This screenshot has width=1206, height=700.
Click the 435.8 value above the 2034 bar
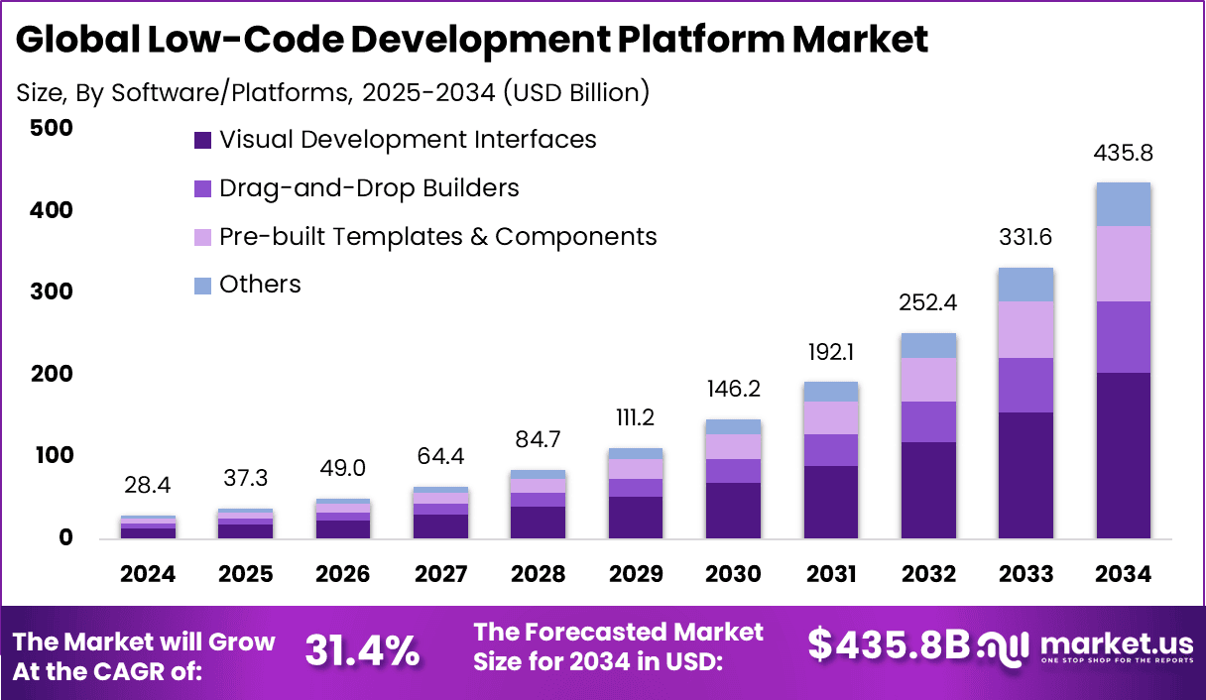pyautogui.click(x=1123, y=154)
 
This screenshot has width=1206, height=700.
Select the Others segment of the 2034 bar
pyautogui.click(x=1123, y=204)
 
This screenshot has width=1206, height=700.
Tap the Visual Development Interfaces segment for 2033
pyautogui.click(x=1025, y=475)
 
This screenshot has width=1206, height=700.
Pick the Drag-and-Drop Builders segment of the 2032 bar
pyautogui.click(x=928, y=421)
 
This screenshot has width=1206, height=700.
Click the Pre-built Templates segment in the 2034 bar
pyautogui.click(x=1123, y=263)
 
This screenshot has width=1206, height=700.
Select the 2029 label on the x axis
pyautogui.click(x=637, y=574)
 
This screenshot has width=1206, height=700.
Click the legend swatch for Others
pyautogui.click(x=202, y=286)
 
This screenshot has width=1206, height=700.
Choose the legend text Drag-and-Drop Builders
pyautogui.click(x=369, y=188)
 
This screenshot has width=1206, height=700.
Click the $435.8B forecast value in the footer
pyautogui.click(x=888, y=644)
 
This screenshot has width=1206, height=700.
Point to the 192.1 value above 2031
pyautogui.click(x=831, y=350)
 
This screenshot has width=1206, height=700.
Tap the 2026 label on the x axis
pyautogui.click(x=344, y=574)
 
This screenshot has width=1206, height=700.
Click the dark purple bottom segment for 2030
pyautogui.click(x=734, y=510)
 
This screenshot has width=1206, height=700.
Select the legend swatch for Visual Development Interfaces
pyautogui.click(x=202, y=140)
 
